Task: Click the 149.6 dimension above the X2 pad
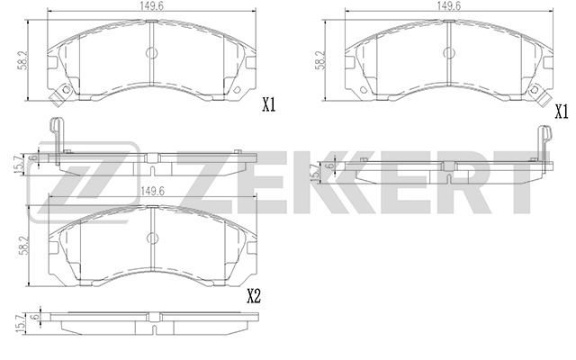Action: pos(150,191)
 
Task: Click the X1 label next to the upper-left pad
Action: pos(267,106)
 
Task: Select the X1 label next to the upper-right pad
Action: pos(561,112)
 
